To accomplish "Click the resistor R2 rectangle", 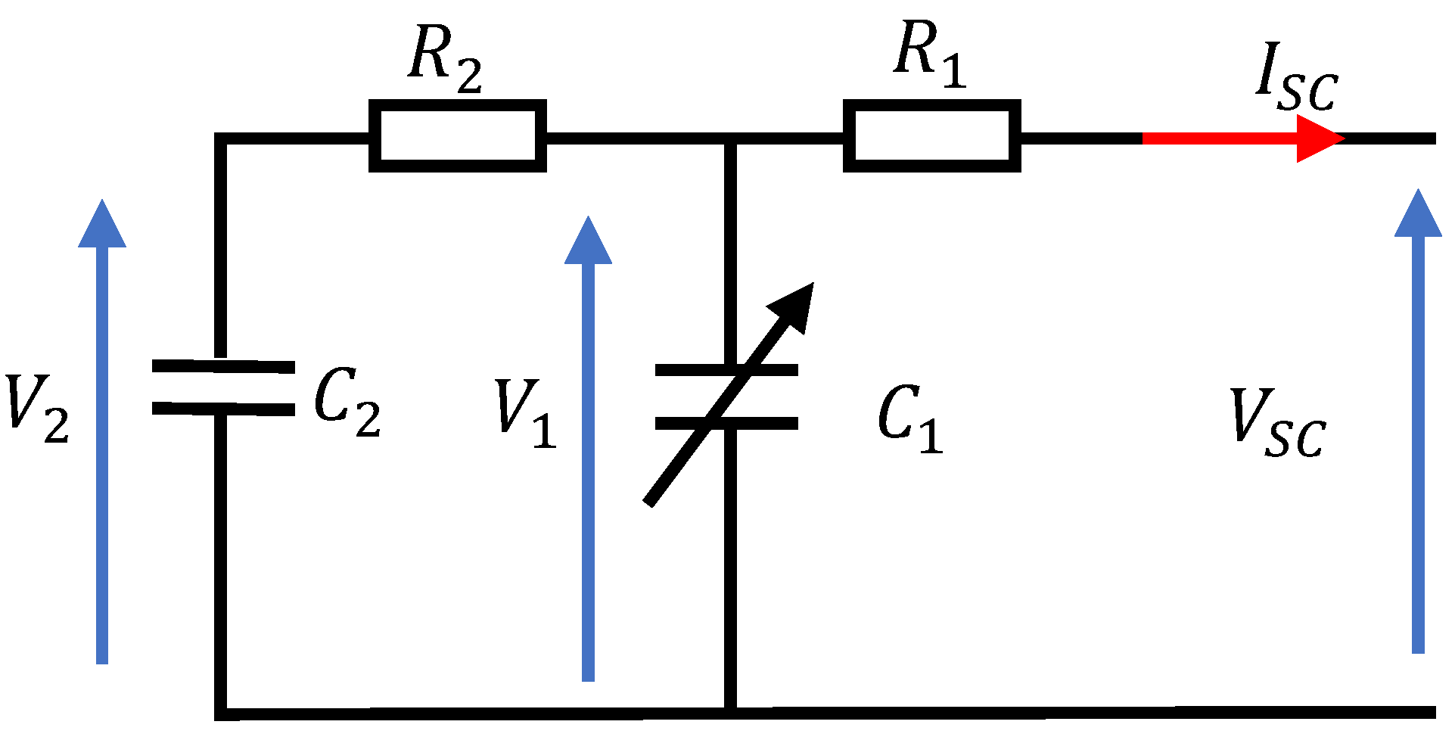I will [x=457, y=136].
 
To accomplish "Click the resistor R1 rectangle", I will [x=931, y=136].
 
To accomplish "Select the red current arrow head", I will [x=1318, y=138].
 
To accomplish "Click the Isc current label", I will [x=1295, y=78].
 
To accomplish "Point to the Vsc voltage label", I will [x=1277, y=424].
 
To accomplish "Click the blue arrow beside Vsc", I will [x=1418, y=424].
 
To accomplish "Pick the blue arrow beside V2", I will [x=102, y=431].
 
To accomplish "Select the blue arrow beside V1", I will [x=588, y=446].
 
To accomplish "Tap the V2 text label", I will [x=36, y=409].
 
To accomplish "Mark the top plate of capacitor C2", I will [x=223, y=366].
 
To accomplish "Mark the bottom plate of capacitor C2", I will [x=223, y=409].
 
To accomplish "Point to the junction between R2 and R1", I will [x=730, y=138].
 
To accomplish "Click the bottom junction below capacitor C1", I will [x=730, y=712].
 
